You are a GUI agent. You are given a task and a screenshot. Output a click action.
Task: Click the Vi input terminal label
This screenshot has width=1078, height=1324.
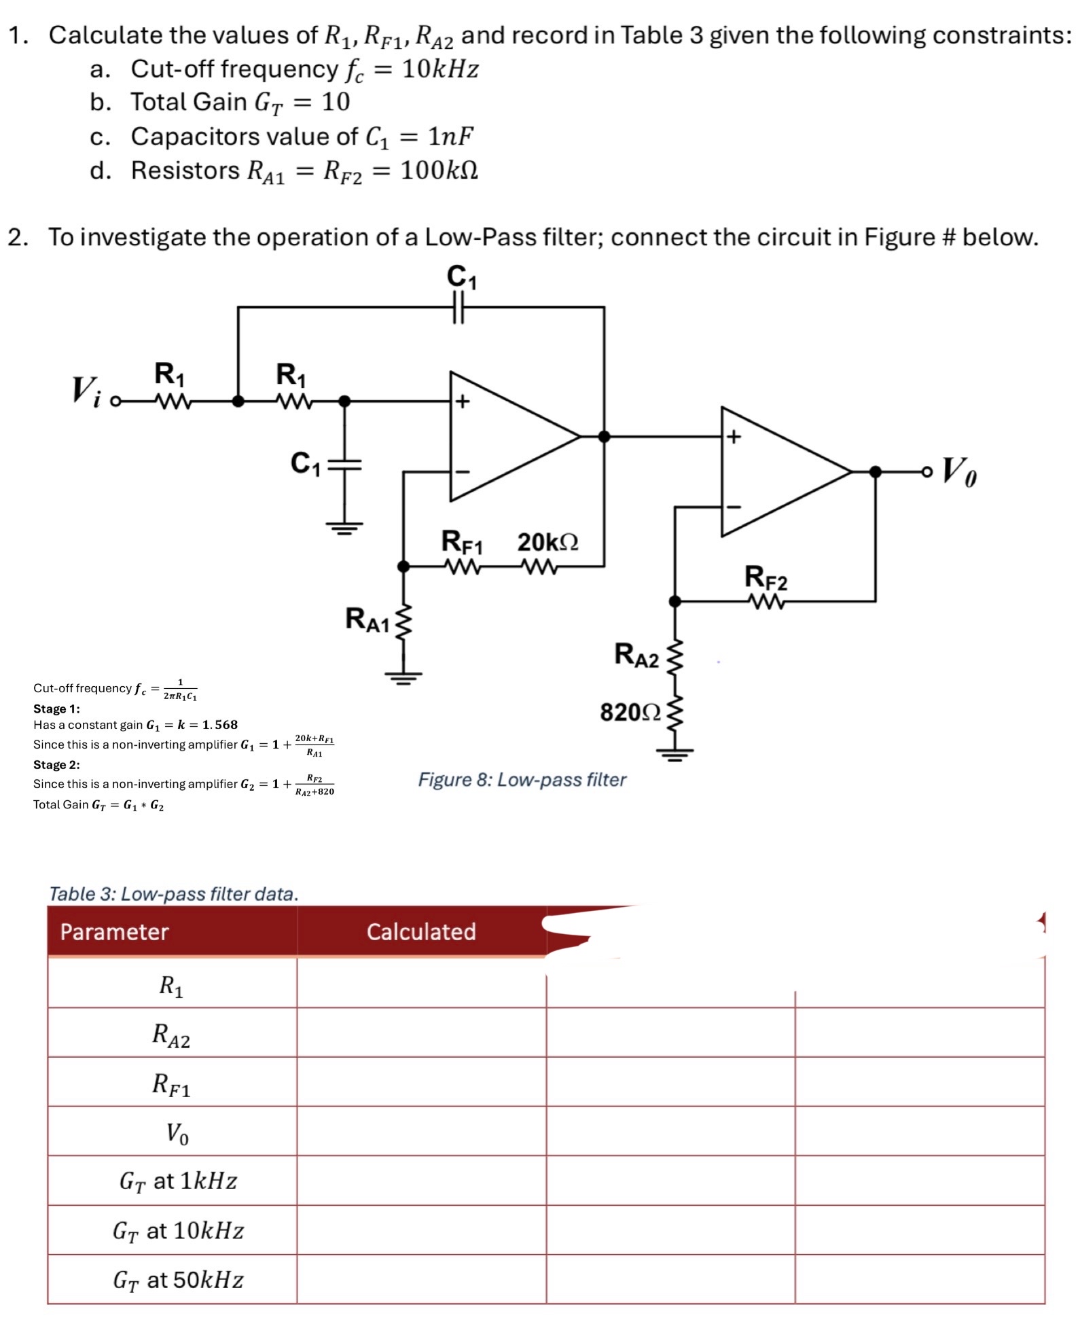(86, 391)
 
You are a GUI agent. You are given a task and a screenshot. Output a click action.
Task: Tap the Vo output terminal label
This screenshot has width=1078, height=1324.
(958, 471)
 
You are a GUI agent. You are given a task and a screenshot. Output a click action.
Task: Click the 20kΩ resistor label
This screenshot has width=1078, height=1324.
(547, 542)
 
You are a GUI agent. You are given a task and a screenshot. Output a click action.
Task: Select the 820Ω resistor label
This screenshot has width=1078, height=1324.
(630, 713)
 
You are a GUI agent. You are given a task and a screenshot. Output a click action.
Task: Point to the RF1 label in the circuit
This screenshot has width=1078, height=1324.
(462, 542)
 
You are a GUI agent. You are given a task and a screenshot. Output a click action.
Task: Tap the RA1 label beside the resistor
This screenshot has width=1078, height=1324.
(367, 620)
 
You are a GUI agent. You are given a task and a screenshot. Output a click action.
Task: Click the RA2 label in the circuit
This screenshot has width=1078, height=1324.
(636, 654)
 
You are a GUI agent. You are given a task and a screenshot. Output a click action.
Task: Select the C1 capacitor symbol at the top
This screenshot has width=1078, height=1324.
(459, 306)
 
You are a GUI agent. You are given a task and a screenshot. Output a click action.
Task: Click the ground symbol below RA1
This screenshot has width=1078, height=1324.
(403, 677)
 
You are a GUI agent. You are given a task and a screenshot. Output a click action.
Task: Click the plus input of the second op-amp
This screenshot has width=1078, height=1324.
(733, 437)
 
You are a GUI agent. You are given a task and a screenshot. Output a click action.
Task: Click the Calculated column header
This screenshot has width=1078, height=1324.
(421, 931)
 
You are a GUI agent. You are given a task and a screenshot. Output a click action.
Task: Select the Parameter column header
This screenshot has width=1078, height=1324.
(114, 931)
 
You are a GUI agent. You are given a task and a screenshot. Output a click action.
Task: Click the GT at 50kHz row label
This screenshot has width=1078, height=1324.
(178, 1280)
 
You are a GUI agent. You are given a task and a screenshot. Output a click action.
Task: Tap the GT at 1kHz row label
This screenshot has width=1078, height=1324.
(178, 1181)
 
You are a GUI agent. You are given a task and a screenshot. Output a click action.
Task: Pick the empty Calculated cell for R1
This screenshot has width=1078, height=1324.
(421, 983)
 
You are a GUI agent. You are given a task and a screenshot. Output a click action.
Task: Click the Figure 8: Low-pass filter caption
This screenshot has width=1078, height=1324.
(522, 779)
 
